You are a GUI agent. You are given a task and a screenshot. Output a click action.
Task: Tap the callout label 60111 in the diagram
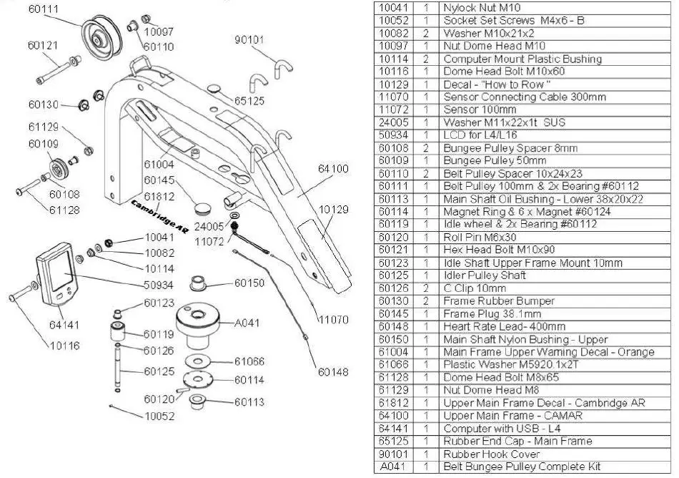coord(44,9)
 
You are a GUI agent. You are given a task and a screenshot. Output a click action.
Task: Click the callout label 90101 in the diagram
coord(249,39)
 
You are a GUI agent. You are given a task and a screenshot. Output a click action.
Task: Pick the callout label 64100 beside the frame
coord(333,169)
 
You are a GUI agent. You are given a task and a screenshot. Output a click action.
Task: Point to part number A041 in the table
coord(392,467)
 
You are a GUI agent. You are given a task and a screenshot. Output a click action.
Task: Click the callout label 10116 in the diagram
coord(64,346)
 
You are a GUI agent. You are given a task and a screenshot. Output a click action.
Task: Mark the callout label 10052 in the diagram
coord(159,416)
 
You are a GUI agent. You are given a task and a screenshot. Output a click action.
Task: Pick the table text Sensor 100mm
coord(480,109)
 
